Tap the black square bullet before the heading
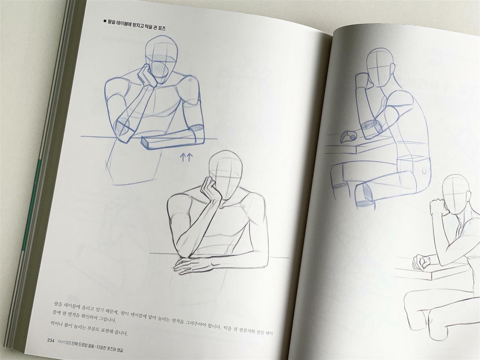104,21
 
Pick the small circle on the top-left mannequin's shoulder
190,80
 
